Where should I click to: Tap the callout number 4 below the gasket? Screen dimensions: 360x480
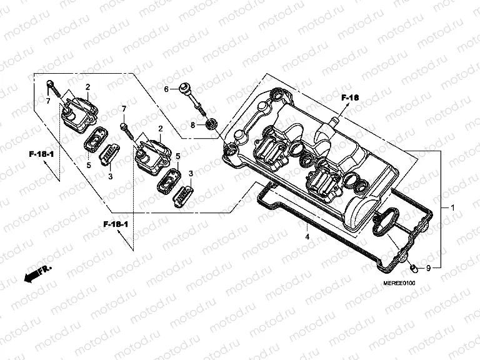tap(307, 237)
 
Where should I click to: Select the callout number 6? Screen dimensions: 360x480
tap(166, 89)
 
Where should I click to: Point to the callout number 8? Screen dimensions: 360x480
tap(193, 126)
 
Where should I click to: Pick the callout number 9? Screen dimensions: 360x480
tap(429, 269)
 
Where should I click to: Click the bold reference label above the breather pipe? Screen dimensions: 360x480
tap(350, 97)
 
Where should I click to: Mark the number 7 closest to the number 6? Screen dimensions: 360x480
tap(124, 109)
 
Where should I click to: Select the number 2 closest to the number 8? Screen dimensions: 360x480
tap(161, 129)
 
